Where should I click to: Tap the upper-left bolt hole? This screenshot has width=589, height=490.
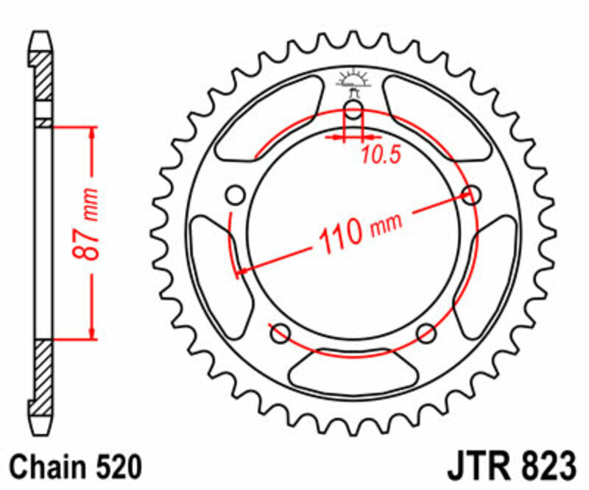(235, 196)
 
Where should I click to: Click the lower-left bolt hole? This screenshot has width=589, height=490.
(280, 333)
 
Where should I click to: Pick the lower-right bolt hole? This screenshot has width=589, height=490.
(426, 334)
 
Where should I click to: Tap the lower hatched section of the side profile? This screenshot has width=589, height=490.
(43, 372)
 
